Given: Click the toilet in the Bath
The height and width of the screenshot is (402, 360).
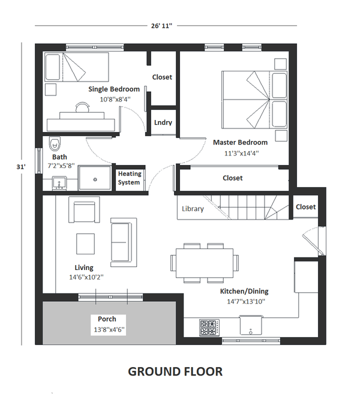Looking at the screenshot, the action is pos(55,144).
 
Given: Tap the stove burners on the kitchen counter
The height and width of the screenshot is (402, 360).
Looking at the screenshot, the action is pos(209,328).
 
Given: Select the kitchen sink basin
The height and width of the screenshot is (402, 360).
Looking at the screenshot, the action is pos(251,325).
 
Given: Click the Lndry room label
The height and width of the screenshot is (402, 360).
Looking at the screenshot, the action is pos(163,122).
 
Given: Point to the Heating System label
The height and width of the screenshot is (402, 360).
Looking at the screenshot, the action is pos(129,178).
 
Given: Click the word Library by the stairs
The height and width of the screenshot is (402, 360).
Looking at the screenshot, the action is pos(193,209).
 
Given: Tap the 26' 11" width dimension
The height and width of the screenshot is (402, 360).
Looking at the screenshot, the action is pos(161,26).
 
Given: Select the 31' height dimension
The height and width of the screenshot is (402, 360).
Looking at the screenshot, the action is pos(21,167).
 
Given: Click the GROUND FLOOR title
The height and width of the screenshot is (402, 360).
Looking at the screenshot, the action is pos(175,371).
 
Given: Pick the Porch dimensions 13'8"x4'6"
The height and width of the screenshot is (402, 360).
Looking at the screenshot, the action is pos(109,329).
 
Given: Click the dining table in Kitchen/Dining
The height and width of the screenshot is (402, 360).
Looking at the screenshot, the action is pos(205,263).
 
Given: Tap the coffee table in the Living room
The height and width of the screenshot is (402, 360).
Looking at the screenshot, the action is pos(85,244).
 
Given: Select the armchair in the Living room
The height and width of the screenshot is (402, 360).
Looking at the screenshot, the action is pos(84,210).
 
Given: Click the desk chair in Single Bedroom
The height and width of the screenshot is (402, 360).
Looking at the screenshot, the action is pos(82,107).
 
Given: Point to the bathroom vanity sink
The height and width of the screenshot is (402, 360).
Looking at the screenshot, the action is pos(59,183).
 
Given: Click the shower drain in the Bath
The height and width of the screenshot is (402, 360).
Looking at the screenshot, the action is pos(95,179).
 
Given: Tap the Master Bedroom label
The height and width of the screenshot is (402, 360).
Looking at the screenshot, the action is pos(240,142).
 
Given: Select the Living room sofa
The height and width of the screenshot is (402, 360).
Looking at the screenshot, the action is pos(124,242).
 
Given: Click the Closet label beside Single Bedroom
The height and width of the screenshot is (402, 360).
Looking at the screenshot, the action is pos(162,77).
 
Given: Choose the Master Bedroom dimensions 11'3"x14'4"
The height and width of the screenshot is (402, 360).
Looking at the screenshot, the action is pos(242,154).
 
